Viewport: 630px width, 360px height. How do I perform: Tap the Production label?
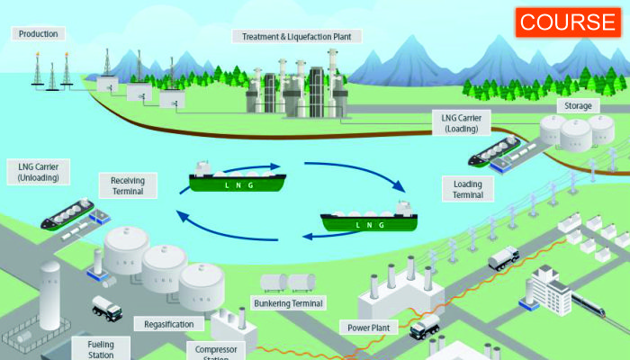[x=37, y=34]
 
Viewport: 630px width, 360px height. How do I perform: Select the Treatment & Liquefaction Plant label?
[x=297, y=37]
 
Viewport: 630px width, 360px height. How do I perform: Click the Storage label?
[x=578, y=106]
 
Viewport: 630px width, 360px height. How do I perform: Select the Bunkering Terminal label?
[x=289, y=304]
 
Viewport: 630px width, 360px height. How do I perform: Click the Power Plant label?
[x=367, y=328]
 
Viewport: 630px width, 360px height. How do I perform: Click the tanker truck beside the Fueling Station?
[x=107, y=308]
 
